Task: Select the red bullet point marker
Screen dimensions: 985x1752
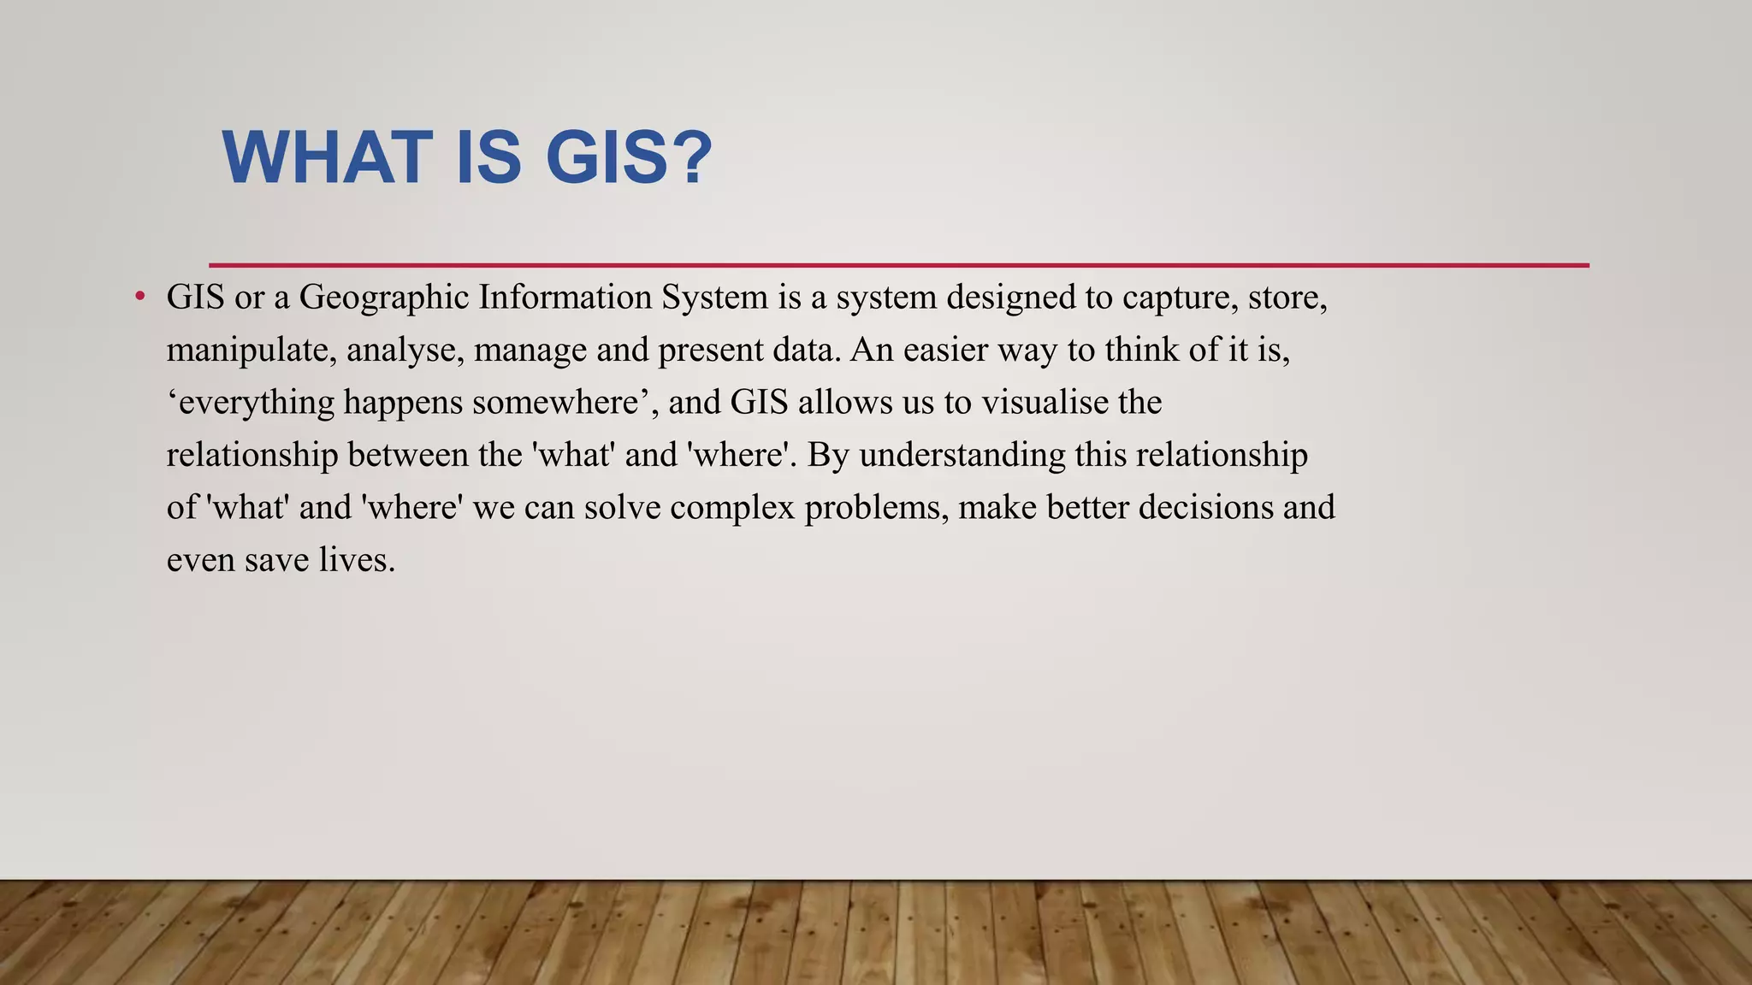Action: (140, 297)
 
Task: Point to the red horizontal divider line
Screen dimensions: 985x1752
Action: (898, 265)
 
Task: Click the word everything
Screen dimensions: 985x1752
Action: (257, 403)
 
